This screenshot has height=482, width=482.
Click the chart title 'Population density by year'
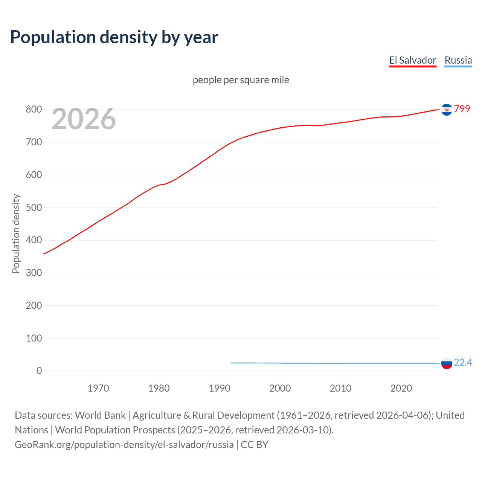114,37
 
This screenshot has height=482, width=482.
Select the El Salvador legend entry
412,60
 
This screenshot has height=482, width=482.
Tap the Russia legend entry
458,60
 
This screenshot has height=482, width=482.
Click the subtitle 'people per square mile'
241,80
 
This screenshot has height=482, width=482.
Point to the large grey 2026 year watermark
84,119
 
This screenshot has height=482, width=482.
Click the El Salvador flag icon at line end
447,110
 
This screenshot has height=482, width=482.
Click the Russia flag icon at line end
447,363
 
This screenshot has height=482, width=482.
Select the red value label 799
462,109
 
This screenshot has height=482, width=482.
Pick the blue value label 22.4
463,362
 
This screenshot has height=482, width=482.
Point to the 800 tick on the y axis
34,110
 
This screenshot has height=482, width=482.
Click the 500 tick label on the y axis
34,207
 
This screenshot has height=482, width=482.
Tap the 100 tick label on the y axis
34,338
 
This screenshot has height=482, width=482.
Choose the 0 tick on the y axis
39,371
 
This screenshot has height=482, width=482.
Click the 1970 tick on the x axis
98,388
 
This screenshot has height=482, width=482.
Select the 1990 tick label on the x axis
220,388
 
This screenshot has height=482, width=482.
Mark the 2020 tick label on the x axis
401,388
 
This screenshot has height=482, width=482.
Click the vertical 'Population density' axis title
16,233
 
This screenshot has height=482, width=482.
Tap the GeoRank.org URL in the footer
124,445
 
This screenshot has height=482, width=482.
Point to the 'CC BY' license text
255,445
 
